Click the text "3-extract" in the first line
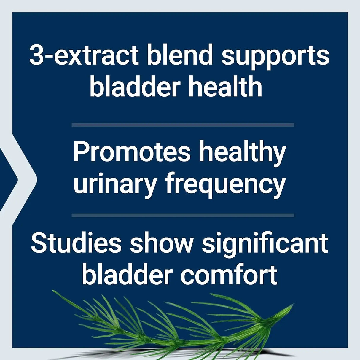84,56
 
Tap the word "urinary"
115,184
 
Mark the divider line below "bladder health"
183,125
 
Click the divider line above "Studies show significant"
183,215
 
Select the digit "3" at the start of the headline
36,56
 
